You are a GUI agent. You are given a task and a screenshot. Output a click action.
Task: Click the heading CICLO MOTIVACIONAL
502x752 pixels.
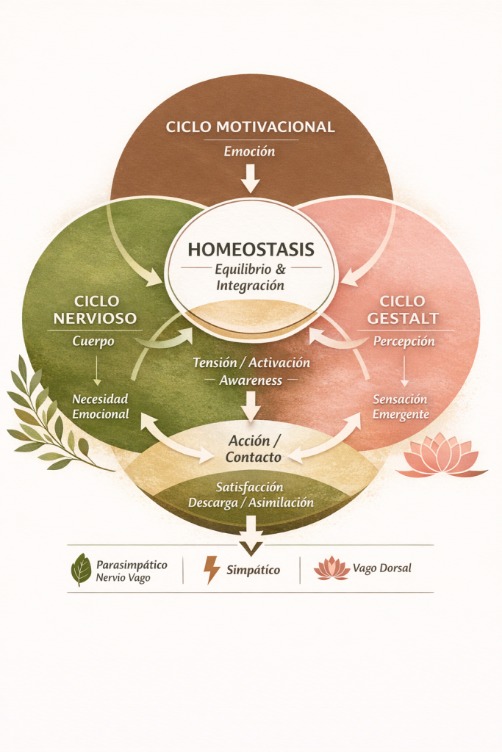[250, 127]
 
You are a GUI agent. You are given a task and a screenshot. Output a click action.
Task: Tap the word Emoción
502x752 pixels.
[250, 152]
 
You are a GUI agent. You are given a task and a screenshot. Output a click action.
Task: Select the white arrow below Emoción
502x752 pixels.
[251, 178]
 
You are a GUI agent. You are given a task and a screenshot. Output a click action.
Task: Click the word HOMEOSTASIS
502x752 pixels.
[251, 249]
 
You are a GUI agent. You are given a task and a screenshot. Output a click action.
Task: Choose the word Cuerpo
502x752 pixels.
[93, 341]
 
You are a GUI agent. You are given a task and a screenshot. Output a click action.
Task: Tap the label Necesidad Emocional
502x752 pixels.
[100, 406]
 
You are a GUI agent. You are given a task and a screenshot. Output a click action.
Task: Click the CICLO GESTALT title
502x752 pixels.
[404, 310]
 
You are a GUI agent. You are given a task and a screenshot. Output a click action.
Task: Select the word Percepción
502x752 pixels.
[404, 341]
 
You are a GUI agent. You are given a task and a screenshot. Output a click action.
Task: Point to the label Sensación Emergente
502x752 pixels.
[401, 406]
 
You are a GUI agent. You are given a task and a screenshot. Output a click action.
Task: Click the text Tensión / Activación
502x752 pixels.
[251, 363]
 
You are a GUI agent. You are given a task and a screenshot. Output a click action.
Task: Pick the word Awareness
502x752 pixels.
[251, 380]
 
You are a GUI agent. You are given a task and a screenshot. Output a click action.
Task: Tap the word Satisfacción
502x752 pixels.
[250, 487]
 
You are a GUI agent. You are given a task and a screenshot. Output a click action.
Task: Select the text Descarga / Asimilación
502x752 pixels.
[251, 503]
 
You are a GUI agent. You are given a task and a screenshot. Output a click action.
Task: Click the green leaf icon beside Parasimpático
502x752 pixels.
[80, 570]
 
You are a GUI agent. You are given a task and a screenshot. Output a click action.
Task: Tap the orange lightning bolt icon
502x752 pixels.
[212, 570]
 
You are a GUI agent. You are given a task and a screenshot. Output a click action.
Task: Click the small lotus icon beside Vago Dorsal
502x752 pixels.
[331, 568]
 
